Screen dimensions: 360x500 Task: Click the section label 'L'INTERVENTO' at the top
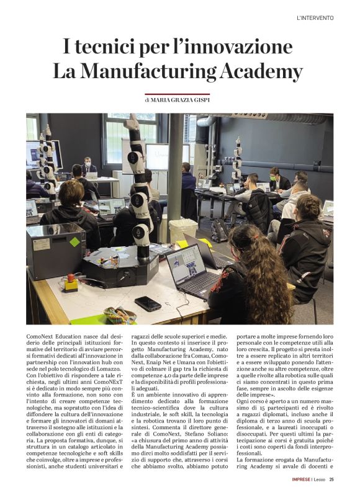[x=315, y=18]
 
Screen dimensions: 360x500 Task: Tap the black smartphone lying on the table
[x=148, y=303]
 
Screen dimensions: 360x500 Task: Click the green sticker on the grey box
[x=74, y=242]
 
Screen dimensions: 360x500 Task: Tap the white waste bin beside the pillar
[x=183, y=230]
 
